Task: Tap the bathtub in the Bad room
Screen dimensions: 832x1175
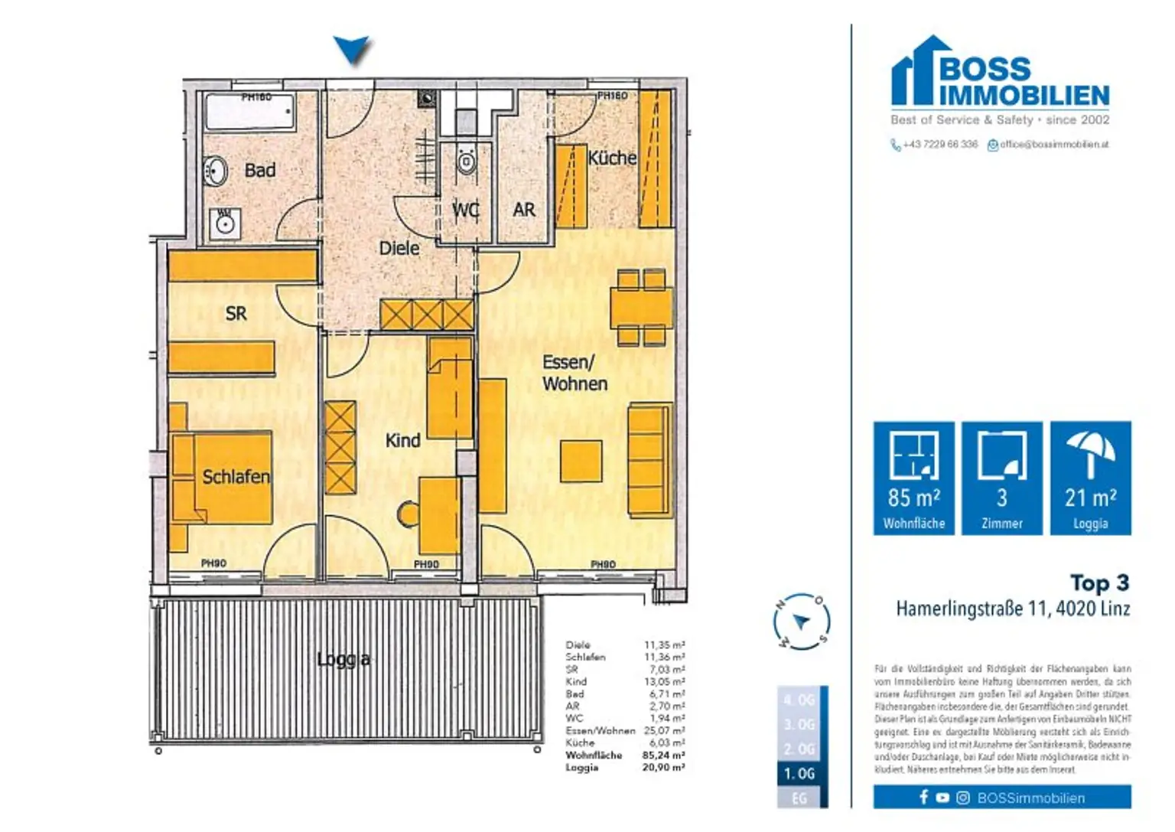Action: point(249,113)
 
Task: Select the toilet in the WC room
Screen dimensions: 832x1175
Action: point(465,162)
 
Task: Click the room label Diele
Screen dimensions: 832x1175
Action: point(399,248)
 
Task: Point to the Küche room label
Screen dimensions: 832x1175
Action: point(611,158)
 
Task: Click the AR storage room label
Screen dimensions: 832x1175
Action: point(524,210)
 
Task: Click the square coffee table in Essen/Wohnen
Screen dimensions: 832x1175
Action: point(581,461)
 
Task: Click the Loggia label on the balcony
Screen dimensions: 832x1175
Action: point(343,659)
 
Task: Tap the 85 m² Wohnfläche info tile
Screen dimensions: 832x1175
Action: point(913,478)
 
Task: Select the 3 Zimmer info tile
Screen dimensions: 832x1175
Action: point(1001,478)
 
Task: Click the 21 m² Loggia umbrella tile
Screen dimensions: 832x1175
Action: point(1090,478)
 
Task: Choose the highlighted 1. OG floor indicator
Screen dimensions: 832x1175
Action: point(799,774)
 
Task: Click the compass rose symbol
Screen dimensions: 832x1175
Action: point(800,622)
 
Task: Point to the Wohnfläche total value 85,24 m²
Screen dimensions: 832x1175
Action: point(663,755)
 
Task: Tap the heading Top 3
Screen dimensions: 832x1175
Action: point(1099,583)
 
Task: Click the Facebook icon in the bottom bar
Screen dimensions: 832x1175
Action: point(923,798)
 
